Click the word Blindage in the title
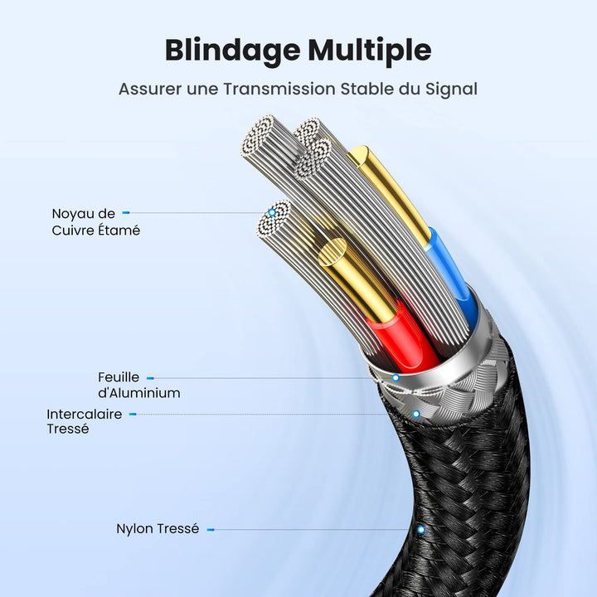click(231, 51)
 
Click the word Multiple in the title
click(370, 51)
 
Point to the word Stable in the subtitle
click(366, 89)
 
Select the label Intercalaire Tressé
click(84, 421)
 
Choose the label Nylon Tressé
click(158, 529)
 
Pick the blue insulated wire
click(451, 274)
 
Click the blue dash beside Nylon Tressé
click(211, 529)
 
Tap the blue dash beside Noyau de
click(126, 214)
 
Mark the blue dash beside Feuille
click(150, 378)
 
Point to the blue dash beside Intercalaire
click(133, 414)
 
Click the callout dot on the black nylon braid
click(421, 529)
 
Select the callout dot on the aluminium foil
click(396, 378)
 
